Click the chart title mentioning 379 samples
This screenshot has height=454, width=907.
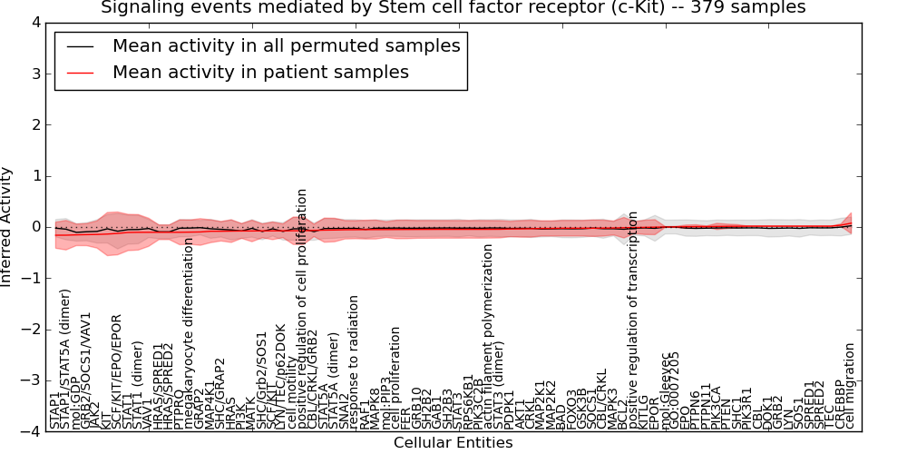click(453, 8)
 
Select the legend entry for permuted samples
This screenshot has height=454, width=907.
click(286, 45)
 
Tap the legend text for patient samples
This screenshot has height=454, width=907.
click(260, 72)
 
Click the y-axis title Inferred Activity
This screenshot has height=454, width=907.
click(7, 226)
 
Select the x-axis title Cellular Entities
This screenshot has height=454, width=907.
click(453, 443)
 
